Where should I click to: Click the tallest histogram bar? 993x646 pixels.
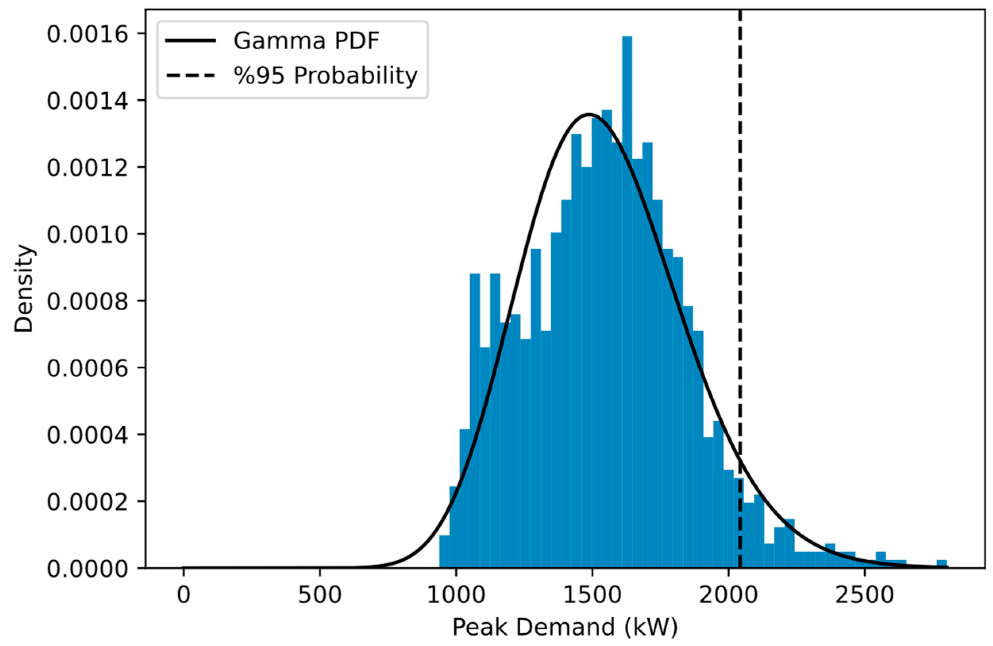(x=627, y=292)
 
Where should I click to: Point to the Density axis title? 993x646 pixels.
(x=24, y=288)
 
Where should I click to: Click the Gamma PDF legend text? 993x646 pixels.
(x=306, y=41)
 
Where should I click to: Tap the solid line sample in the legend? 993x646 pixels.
(x=191, y=41)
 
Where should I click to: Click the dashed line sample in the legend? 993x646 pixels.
(x=191, y=75)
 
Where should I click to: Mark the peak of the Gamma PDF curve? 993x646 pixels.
(x=589, y=114)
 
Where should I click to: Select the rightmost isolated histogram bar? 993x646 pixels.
(x=942, y=564)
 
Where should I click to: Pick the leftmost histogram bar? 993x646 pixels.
(x=445, y=551)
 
